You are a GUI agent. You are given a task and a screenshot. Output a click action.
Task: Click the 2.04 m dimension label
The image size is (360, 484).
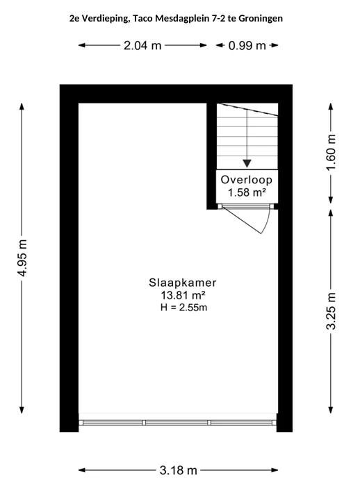point(142,46)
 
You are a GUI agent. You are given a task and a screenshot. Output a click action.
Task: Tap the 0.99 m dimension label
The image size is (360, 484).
point(247,46)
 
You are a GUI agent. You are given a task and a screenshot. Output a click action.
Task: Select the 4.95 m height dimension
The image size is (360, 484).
point(22,258)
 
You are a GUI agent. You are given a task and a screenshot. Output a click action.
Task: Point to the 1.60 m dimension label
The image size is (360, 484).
point(331,152)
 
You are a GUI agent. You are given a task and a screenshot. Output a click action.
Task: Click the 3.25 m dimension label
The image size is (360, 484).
point(331,311)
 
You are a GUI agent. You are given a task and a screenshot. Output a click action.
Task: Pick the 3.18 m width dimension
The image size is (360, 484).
point(179,470)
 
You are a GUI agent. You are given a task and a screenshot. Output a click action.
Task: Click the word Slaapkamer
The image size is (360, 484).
point(183,283)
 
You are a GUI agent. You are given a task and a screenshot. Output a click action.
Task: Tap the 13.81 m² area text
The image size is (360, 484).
point(183,295)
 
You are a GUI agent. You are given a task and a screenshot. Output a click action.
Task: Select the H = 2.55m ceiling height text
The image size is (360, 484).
point(183,308)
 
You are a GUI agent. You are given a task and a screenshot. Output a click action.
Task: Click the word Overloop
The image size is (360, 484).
point(246,180)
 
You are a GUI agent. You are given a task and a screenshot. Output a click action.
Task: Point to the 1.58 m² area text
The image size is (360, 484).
point(247,192)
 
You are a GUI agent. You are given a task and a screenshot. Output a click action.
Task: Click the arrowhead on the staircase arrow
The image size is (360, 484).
point(247,163)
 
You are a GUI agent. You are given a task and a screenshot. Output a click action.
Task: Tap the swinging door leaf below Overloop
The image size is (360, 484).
point(242,220)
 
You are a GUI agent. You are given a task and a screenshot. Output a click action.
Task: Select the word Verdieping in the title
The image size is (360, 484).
point(104,19)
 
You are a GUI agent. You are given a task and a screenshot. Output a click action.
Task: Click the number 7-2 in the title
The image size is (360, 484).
point(218,19)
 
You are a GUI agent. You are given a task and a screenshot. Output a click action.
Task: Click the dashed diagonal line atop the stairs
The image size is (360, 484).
point(247,110)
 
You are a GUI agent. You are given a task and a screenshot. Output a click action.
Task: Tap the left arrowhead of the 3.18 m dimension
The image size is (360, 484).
point(81,470)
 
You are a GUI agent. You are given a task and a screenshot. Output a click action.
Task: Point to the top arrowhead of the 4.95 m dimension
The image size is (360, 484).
point(22,106)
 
